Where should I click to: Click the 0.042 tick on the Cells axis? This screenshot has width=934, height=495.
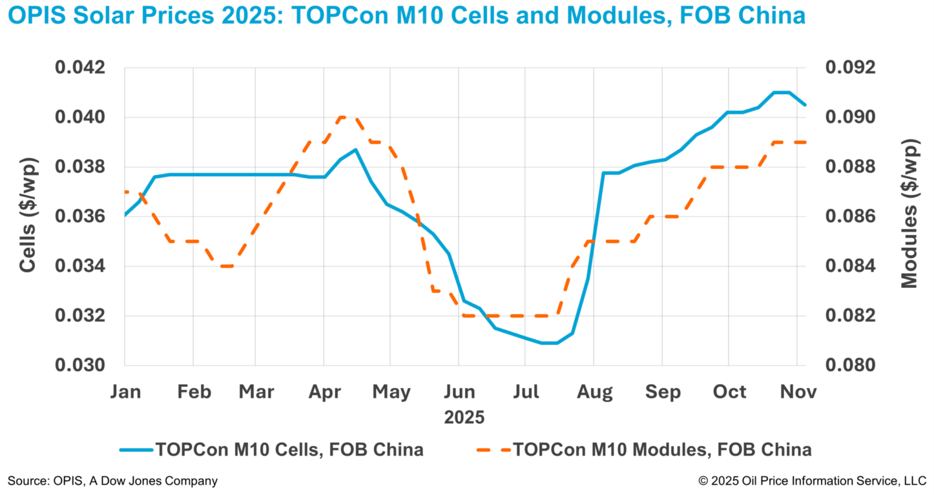click(80, 67)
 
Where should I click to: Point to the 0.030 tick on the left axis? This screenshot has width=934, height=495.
click(80, 365)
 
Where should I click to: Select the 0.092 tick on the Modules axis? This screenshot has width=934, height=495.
click(850, 67)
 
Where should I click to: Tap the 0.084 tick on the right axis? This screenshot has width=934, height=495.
click(850, 266)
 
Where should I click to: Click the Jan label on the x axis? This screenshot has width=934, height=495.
click(125, 392)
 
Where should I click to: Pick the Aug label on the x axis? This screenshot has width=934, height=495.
click(594, 392)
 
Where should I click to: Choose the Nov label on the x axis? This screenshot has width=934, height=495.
click(798, 392)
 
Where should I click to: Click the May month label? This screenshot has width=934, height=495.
click(391, 392)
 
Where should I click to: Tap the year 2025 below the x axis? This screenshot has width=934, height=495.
click(464, 417)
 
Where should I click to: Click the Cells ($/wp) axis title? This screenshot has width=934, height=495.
click(27, 215)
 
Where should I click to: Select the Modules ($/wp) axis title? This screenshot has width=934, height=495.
click(909, 213)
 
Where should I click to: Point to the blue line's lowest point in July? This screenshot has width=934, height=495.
click(549, 343)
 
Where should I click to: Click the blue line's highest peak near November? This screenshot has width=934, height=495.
click(781, 92)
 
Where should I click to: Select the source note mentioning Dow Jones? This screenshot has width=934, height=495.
click(112, 481)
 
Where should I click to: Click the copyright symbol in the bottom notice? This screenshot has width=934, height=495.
click(704, 481)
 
